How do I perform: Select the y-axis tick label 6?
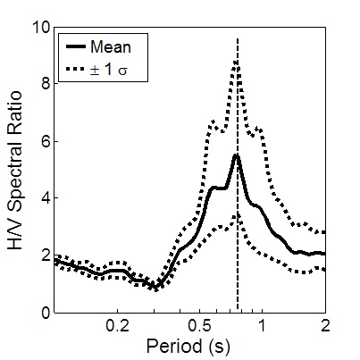[42, 141]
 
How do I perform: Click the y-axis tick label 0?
[42, 313]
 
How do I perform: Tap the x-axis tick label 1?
[262, 326]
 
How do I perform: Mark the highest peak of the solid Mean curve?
[237, 155]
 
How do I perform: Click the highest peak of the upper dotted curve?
[237, 61]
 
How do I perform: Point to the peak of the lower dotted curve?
[236, 215]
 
